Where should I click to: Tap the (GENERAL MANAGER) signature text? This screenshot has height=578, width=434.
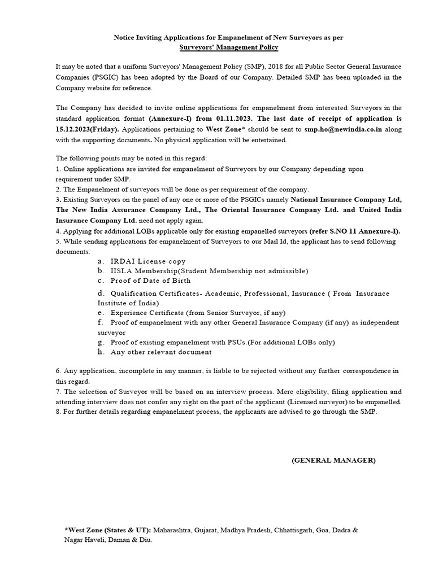click(333, 460)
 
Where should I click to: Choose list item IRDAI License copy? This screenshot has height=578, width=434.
click(148, 261)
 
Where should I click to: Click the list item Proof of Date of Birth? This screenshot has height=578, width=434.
click(150, 280)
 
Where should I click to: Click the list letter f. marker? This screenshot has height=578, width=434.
click(100, 322)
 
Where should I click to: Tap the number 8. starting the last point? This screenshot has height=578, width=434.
click(58, 411)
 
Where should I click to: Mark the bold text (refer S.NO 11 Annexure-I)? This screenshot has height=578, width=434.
click(355, 231)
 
